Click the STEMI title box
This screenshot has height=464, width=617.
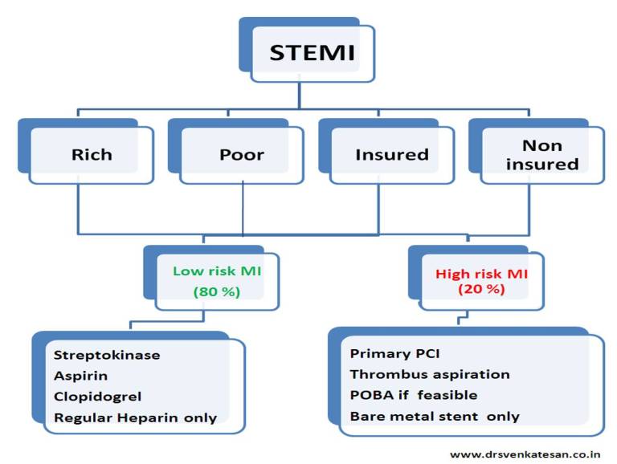(312, 54)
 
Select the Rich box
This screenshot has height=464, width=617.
(91, 154)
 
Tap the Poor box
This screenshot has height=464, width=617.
(242, 154)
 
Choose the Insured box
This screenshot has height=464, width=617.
(392, 154)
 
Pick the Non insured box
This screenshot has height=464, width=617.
(542, 154)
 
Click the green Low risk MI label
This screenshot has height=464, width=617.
(217, 271)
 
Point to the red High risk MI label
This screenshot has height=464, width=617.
(481, 274)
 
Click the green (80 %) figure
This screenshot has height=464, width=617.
(217, 291)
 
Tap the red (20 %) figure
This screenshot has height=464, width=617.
(481, 289)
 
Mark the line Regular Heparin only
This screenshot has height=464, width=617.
(135, 417)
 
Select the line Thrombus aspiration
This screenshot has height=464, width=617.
(430, 374)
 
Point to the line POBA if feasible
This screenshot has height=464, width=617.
(414, 395)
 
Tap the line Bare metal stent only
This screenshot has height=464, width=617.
(435, 416)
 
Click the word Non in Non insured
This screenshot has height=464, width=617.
(542, 145)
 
